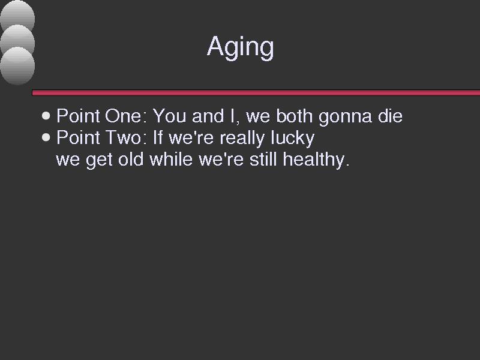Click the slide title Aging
point(241,47)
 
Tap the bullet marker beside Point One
point(46,116)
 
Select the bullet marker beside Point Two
point(46,137)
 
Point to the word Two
point(125,137)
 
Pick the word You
point(170,116)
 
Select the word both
point(294,116)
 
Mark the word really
point(242,139)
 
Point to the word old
point(131,159)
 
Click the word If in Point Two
point(157,137)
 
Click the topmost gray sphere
point(17,16)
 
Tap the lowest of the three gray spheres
point(17,66)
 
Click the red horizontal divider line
point(256,92)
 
